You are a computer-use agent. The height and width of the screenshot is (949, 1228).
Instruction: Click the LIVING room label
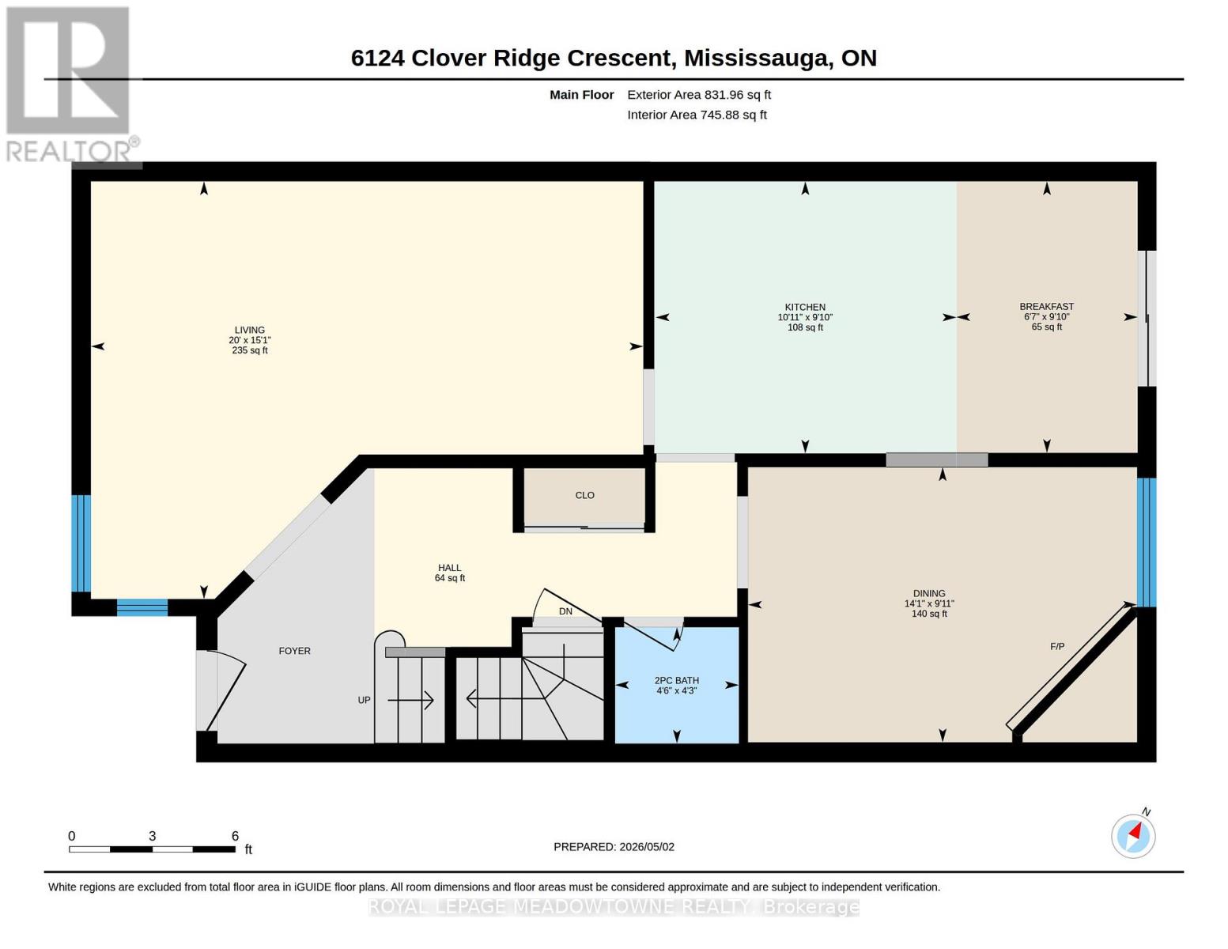pos(249,330)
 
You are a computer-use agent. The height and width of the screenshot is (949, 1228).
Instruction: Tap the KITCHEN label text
pos(805,307)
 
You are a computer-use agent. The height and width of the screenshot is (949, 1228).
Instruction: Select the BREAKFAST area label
pos(1047,306)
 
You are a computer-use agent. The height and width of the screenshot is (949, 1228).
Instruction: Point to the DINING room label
pos(929,593)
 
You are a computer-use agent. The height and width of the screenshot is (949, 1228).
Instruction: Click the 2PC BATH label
pos(676,681)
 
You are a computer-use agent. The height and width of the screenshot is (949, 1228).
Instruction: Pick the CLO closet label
pos(584,495)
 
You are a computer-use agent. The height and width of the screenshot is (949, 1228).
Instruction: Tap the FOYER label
pos(294,651)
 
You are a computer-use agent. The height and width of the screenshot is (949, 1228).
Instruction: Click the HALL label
pos(449,568)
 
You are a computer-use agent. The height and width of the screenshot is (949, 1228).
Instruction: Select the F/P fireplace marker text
pos(1056,647)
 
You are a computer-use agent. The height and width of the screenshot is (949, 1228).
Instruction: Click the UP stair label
pos(364,701)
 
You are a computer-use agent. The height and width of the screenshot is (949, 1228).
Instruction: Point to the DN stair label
pos(565,611)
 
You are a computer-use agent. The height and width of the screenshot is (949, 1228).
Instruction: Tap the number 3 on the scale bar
pos(152,836)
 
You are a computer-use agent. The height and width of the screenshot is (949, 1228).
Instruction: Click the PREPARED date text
pos(614,847)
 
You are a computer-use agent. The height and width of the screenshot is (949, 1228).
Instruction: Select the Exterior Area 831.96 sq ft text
pos(699,95)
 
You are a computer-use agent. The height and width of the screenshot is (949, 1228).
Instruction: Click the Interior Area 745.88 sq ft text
pos(697,115)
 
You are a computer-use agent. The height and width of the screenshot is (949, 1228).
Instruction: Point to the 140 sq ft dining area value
pos(929,613)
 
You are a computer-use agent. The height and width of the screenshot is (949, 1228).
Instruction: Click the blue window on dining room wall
pos(1146,542)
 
